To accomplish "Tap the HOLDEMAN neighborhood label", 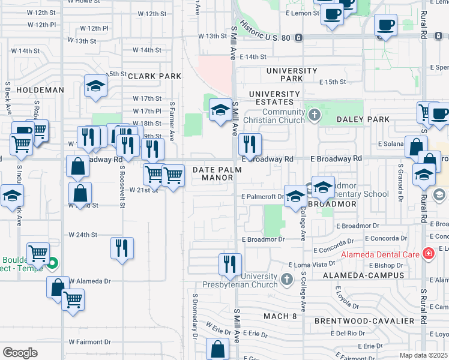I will pyautogui.click(x=40, y=89).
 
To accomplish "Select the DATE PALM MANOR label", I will pyautogui.click(x=217, y=174).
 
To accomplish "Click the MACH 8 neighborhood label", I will pyautogui.click(x=280, y=316).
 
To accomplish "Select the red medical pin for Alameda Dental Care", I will pyautogui.click(x=428, y=254).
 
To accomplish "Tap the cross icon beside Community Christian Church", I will pyautogui.click(x=313, y=114).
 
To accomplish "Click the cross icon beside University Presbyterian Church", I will pyautogui.click(x=287, y=279).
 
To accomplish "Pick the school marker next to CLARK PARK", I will pyautogui.click(x=95, y=88).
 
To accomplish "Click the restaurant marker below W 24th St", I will pyautogui.click(x=122, y=248).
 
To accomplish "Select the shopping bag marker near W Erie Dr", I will pyautogui.click(x=218, y=349).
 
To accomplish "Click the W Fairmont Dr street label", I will pyautogui.click(x=90, y=342).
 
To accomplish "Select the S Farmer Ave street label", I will pyautogui.click(x=172, y=121).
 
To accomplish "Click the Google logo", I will pyautogui.click(x=20, y=353).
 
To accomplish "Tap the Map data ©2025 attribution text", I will pyautogui.click(x=423, y=355).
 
